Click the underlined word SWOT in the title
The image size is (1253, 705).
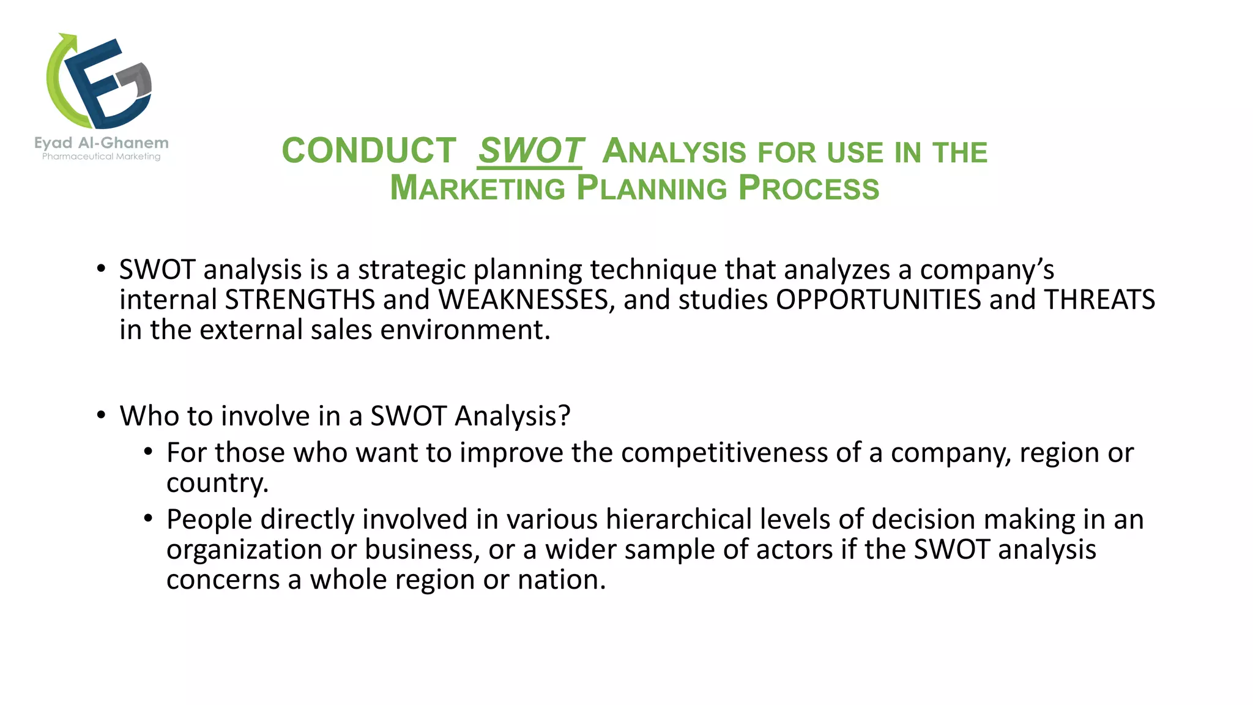530,151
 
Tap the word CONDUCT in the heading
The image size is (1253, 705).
369,151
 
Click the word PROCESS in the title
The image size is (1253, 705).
809,188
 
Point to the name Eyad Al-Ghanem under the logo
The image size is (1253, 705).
102,143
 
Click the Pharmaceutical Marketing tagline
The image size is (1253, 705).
102,157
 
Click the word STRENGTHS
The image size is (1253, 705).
300,300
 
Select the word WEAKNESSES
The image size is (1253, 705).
523,300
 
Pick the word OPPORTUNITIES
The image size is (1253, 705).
879,300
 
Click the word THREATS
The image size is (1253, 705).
1099,300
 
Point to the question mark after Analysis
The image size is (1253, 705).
564,416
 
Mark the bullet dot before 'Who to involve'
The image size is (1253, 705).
102,416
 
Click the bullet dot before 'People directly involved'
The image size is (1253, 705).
148,519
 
